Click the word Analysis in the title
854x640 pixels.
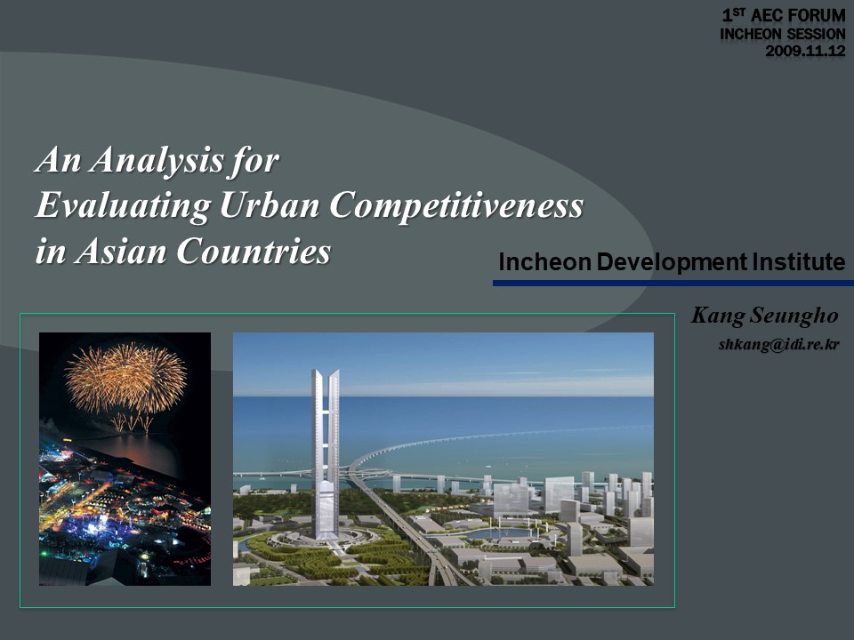point(157,161)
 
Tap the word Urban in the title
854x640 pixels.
point(270,205)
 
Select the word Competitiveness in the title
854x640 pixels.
point(456,206)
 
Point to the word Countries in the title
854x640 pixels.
point(254,251)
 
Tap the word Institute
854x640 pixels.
point(799,261)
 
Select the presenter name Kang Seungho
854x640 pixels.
point(764,316)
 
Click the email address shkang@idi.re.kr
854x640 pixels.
point(779,345)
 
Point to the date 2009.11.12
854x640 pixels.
point(806,52)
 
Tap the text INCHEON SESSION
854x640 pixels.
point(783,34)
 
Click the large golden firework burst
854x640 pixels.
point(125,377)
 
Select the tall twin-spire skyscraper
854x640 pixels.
point(326,454)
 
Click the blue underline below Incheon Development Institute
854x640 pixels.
point(673,283)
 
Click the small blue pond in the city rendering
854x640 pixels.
point(498,534)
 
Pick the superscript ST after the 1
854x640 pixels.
point(739,11)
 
